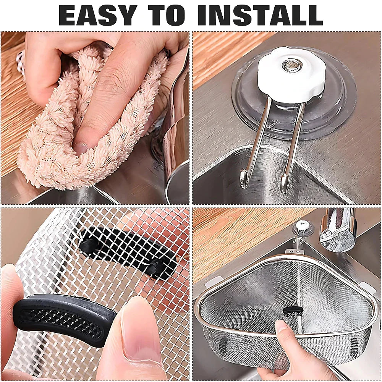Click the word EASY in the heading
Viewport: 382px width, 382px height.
click(x=98, y=15)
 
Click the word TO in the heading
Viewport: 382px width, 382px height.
click(x=167, y=15)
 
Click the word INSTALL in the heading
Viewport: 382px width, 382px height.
click(x=260, y=15)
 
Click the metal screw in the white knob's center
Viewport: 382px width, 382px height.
click(x=292, y=65)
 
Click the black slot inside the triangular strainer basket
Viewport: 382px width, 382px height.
click(x=293, y=311)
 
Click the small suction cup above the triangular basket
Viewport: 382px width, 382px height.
click(x=303, y=228)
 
